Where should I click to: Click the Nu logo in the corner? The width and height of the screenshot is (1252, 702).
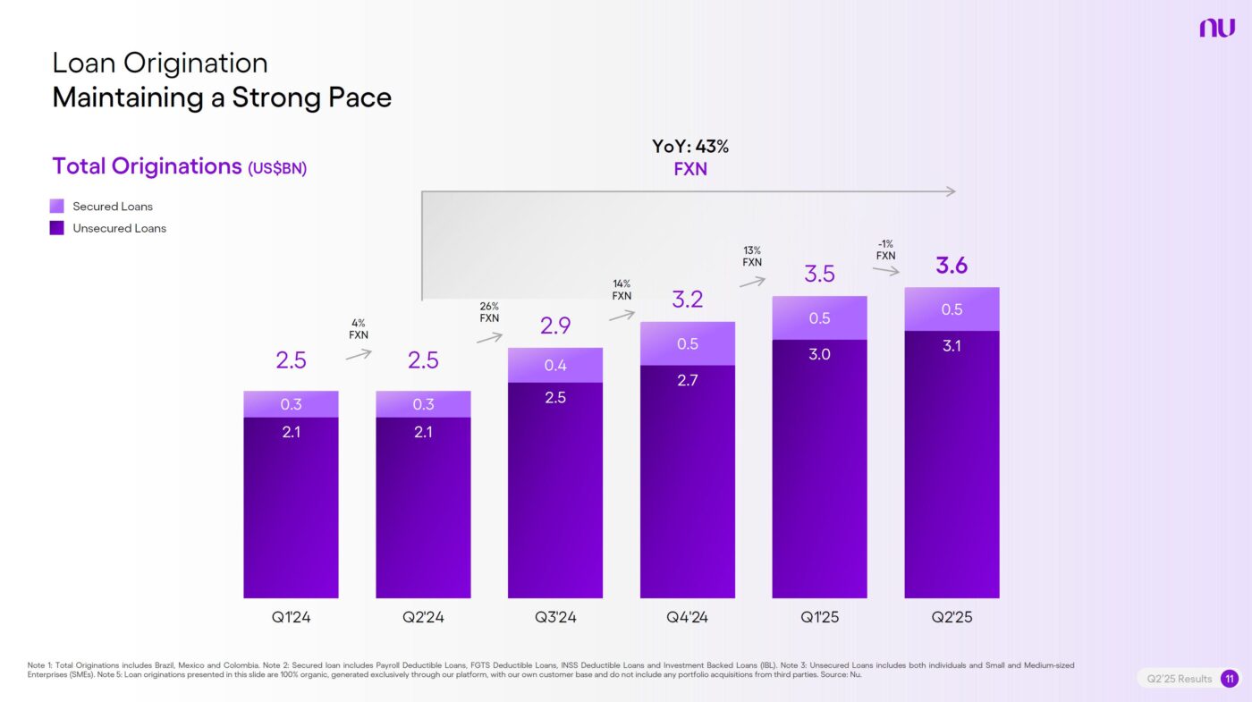1216,28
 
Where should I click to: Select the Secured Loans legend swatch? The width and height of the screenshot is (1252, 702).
57,206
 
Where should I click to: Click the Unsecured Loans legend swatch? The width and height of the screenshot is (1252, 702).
57,228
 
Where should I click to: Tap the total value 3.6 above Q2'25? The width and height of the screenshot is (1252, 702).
952,266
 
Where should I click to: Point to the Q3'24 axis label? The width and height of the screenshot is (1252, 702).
555,618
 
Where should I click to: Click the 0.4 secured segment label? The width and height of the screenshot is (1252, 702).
555,365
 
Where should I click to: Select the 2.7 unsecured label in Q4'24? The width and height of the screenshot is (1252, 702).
688,380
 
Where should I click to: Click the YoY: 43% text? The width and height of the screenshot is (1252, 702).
689,148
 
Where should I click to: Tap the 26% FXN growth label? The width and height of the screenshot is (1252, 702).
489,312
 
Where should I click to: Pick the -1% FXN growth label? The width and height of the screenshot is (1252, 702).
885,250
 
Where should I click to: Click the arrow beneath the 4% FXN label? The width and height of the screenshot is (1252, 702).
359,354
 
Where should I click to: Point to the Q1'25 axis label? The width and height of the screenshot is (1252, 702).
819,618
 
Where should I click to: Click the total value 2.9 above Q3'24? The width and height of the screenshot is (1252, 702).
555,326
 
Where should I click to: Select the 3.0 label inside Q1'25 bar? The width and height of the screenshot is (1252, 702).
819,354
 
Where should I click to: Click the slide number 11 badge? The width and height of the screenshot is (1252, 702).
1230,679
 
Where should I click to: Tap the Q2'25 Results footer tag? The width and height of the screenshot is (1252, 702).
1180,679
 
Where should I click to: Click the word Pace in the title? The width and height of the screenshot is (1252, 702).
358,97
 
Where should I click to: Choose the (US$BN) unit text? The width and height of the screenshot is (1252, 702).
277,168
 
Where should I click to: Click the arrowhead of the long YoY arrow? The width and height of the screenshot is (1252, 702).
952,191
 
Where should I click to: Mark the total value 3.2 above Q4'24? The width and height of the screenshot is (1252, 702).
688,300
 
